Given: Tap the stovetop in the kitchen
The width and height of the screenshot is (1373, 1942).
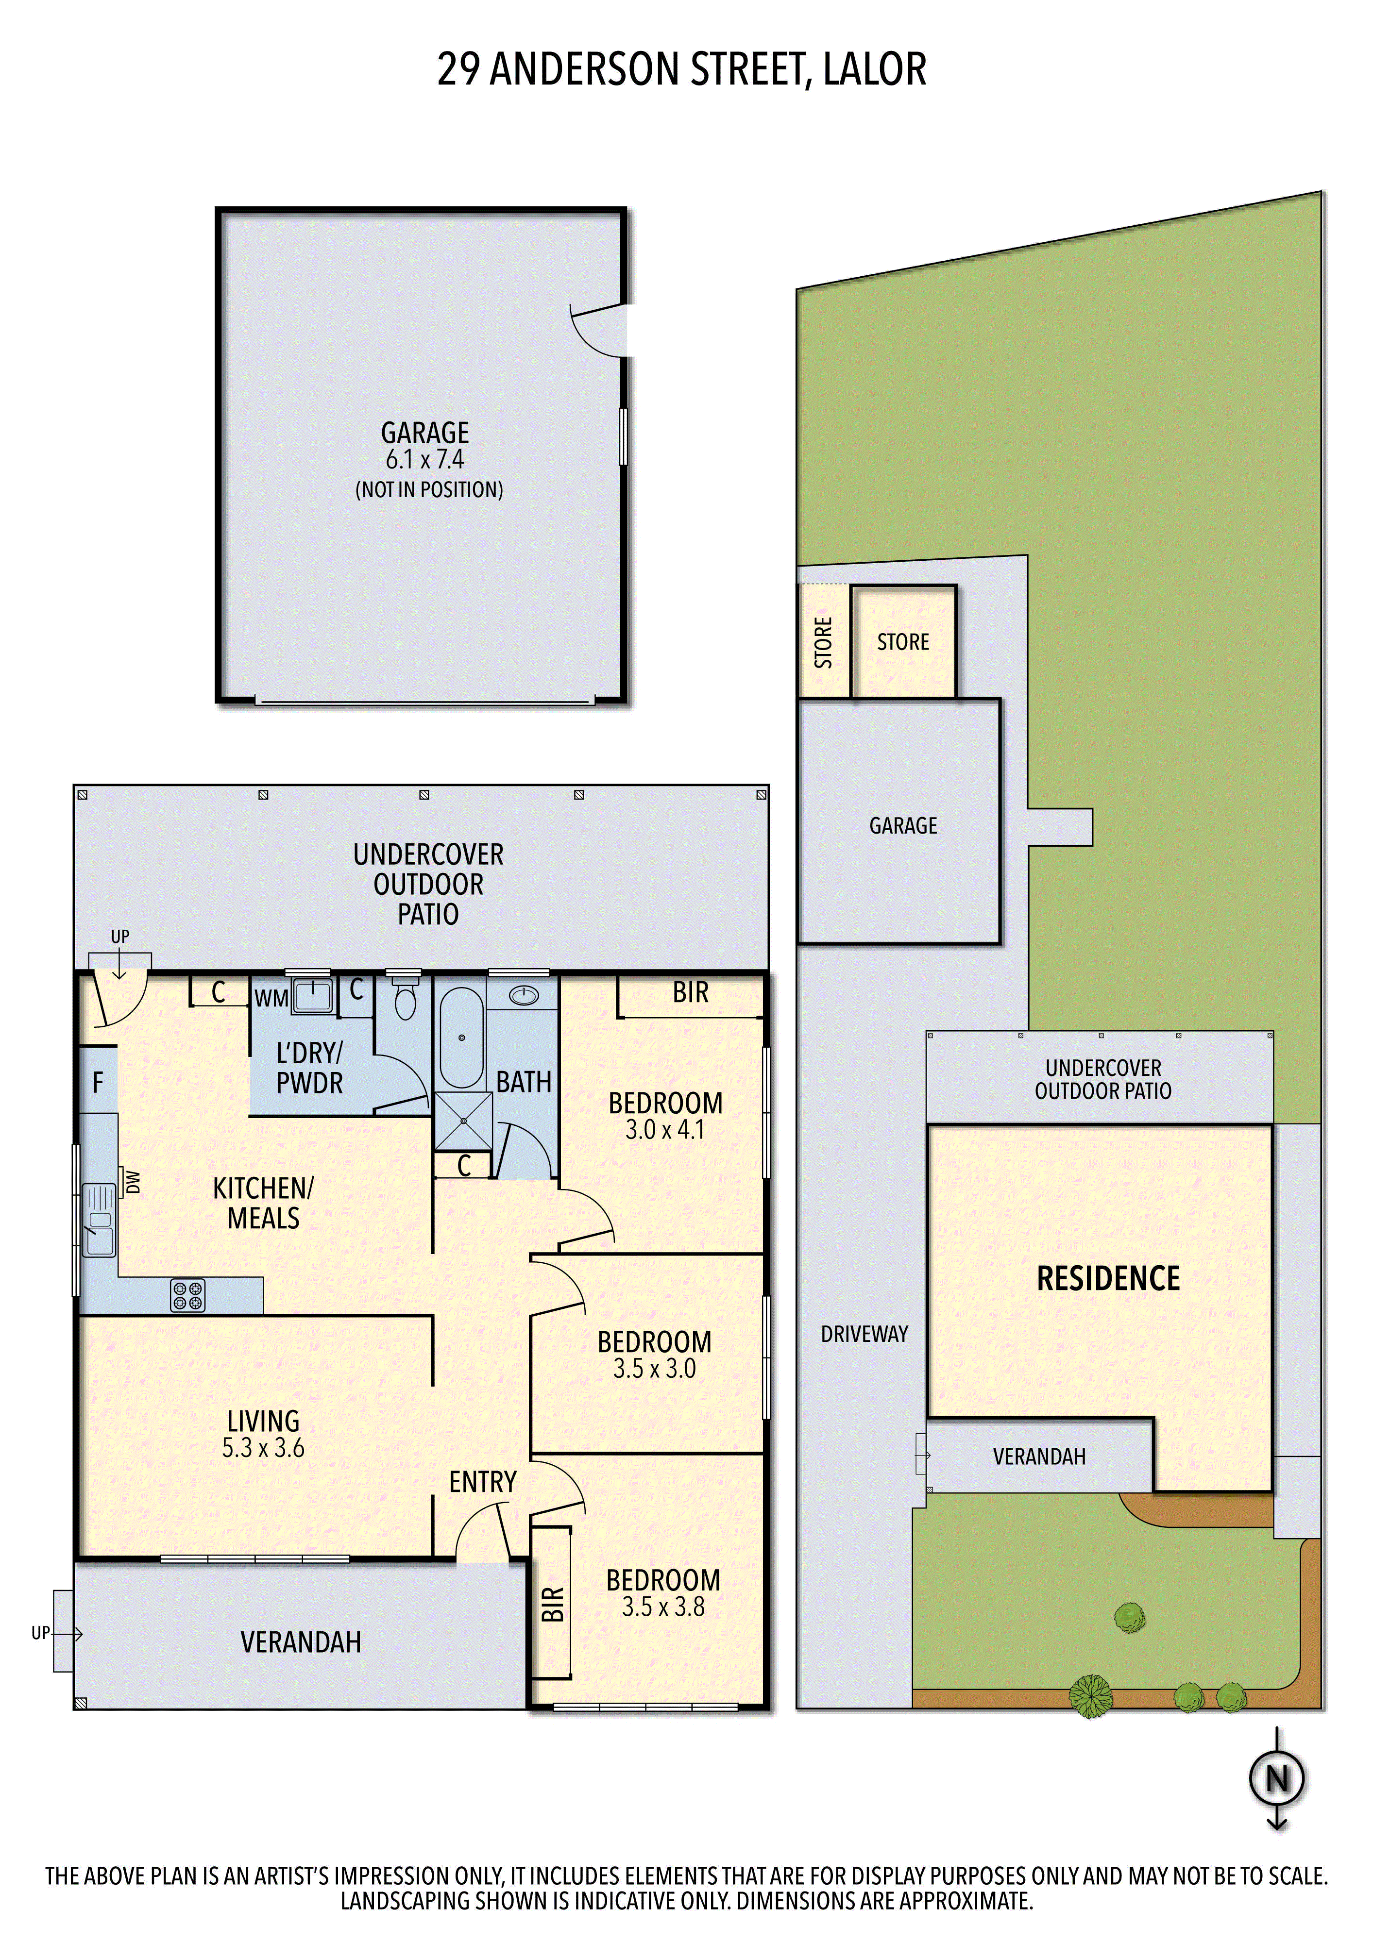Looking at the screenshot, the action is tap(188, 1295).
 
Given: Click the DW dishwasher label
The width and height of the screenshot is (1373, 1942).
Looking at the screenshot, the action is tap(132, 1182).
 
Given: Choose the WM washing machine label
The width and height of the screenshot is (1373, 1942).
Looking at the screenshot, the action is tap(271, 999).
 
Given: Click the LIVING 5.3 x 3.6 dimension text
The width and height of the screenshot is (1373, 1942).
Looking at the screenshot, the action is tap(263, 1448).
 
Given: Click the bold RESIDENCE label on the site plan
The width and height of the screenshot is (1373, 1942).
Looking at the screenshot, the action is tap(1108, 1278).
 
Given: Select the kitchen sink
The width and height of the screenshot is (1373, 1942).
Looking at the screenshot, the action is tap(99, 1221).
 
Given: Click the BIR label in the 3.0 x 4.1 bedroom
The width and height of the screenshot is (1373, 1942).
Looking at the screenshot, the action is tap(690, 992).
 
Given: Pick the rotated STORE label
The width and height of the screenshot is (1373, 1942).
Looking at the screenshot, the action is tap(823, 643).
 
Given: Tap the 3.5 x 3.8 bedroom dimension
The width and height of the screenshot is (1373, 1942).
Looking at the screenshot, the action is tap(663, 1607).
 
